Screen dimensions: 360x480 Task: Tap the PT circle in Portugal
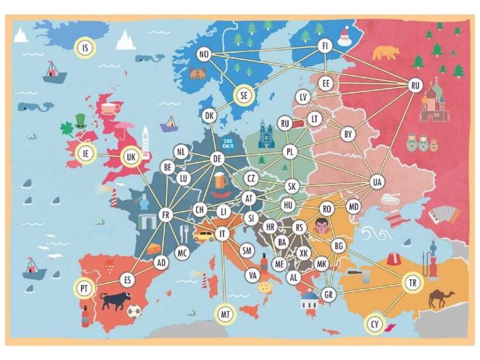click(x=84, y=288)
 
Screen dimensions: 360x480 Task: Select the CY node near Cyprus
click(x=374, y=324)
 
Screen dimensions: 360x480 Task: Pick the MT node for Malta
click(x=225, y=314)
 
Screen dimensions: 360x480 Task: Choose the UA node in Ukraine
click(x=378, y=182)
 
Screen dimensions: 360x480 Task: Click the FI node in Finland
click(x=324, y=46)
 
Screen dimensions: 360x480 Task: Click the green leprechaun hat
click(x=79, y=121)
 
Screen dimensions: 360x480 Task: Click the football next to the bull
click(x=133, y=311)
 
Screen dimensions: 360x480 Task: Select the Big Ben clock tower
click(x=145, y=141)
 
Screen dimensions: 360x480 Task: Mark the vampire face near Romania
click(x=321, y=225)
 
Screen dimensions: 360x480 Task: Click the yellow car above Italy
click(x=204, y=235)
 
